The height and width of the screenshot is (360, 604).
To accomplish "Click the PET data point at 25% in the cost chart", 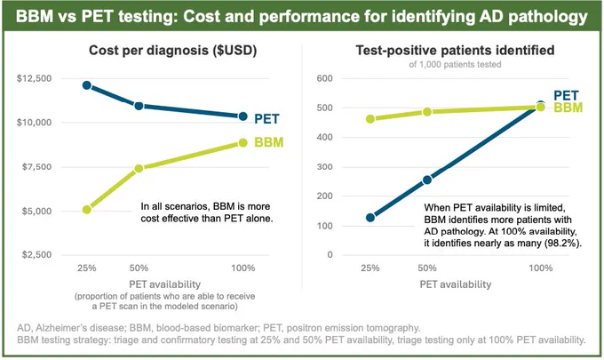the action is [87, 85].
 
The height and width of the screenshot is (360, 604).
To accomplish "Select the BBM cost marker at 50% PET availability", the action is [139, 168].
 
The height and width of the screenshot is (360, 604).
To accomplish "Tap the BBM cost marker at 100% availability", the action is [242, 142].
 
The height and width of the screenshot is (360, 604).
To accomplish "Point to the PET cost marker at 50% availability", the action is [139, 106].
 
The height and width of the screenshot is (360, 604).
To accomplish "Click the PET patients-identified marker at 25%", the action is [370, 218].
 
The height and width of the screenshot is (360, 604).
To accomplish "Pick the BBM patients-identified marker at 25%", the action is [370, 119].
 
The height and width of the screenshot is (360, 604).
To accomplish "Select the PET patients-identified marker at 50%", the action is [427, 180].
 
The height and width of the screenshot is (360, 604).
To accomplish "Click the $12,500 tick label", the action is [35, 78].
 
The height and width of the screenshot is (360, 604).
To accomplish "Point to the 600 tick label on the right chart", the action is [325, 78].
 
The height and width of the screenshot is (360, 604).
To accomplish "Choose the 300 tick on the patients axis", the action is [325, 167].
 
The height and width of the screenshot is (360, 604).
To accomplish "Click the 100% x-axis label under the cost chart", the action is [243, 268].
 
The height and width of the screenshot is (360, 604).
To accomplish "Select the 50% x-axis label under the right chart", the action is [427, 268].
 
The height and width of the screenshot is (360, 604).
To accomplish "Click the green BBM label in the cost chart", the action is [269, 142].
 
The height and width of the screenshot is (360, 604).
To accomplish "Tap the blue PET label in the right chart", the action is [567, 95].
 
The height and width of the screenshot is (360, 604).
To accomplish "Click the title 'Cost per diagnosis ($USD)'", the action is [173, 51].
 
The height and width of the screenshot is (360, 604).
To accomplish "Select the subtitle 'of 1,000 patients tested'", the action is [455, 64].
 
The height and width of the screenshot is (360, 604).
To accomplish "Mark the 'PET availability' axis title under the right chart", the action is [456, 284].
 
